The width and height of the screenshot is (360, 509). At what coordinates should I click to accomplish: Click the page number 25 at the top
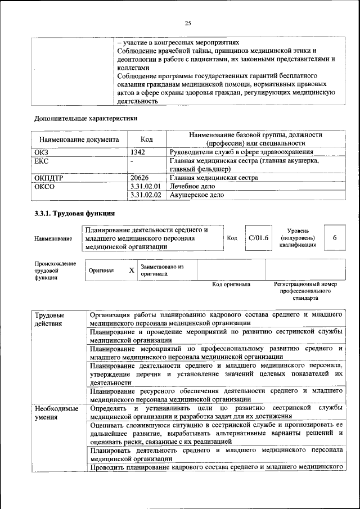pos(188,22)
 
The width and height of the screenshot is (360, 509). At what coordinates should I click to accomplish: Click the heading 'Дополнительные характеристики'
pos(85,118)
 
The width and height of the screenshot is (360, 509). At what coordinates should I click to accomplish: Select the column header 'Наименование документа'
pos(79,139)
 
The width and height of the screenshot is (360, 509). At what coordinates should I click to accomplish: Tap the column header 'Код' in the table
pos(147,139)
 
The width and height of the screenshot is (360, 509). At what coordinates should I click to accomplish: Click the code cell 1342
pos(138,152)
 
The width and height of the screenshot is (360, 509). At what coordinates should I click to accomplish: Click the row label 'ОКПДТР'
pos(48,178)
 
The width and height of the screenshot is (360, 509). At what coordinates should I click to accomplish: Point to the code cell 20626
pos(139,178)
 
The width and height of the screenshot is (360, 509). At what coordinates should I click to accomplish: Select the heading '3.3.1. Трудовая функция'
pos(75,214)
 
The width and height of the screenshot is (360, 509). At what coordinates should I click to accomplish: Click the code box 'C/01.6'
pos(259,237)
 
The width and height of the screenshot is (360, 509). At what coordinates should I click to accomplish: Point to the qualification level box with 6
pos(335,237)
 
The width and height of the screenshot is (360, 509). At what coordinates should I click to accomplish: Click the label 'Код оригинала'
pos(231,285)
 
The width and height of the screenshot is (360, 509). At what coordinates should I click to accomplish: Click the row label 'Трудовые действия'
pos(49,319)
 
